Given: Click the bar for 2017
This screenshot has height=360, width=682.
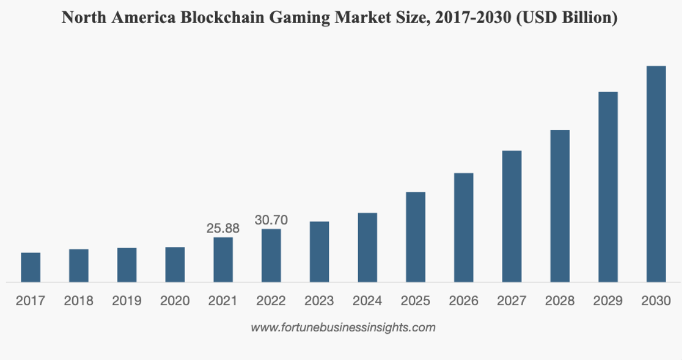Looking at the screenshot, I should pos(31,267).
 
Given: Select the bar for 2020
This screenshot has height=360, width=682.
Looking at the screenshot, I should pos(175,264).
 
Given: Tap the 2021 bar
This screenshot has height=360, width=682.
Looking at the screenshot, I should pos(223,260).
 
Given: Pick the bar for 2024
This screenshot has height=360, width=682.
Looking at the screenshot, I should pos(367,247).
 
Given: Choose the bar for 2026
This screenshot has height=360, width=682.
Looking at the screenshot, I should pos(463,227).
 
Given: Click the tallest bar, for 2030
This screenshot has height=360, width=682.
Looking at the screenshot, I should pos(656,174).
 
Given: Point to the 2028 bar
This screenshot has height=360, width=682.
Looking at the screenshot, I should pos(560,206).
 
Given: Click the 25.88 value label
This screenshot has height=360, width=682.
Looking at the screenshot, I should pos(223,227).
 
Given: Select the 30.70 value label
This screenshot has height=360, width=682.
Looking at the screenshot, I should pos(271,220).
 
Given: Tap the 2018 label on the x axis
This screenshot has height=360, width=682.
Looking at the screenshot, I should pos(78,301).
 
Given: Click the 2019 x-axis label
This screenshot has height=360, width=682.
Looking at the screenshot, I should pos(126,301).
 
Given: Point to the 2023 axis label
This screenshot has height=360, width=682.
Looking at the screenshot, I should pos(319,301).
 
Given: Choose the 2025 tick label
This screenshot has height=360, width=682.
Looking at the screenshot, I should pos(415,301).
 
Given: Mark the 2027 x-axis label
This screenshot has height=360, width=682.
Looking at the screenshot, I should pos(512,301).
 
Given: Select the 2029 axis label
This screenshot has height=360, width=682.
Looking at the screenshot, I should pos(608,301).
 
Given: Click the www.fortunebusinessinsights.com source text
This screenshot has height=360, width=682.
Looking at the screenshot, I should pos(343,327).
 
